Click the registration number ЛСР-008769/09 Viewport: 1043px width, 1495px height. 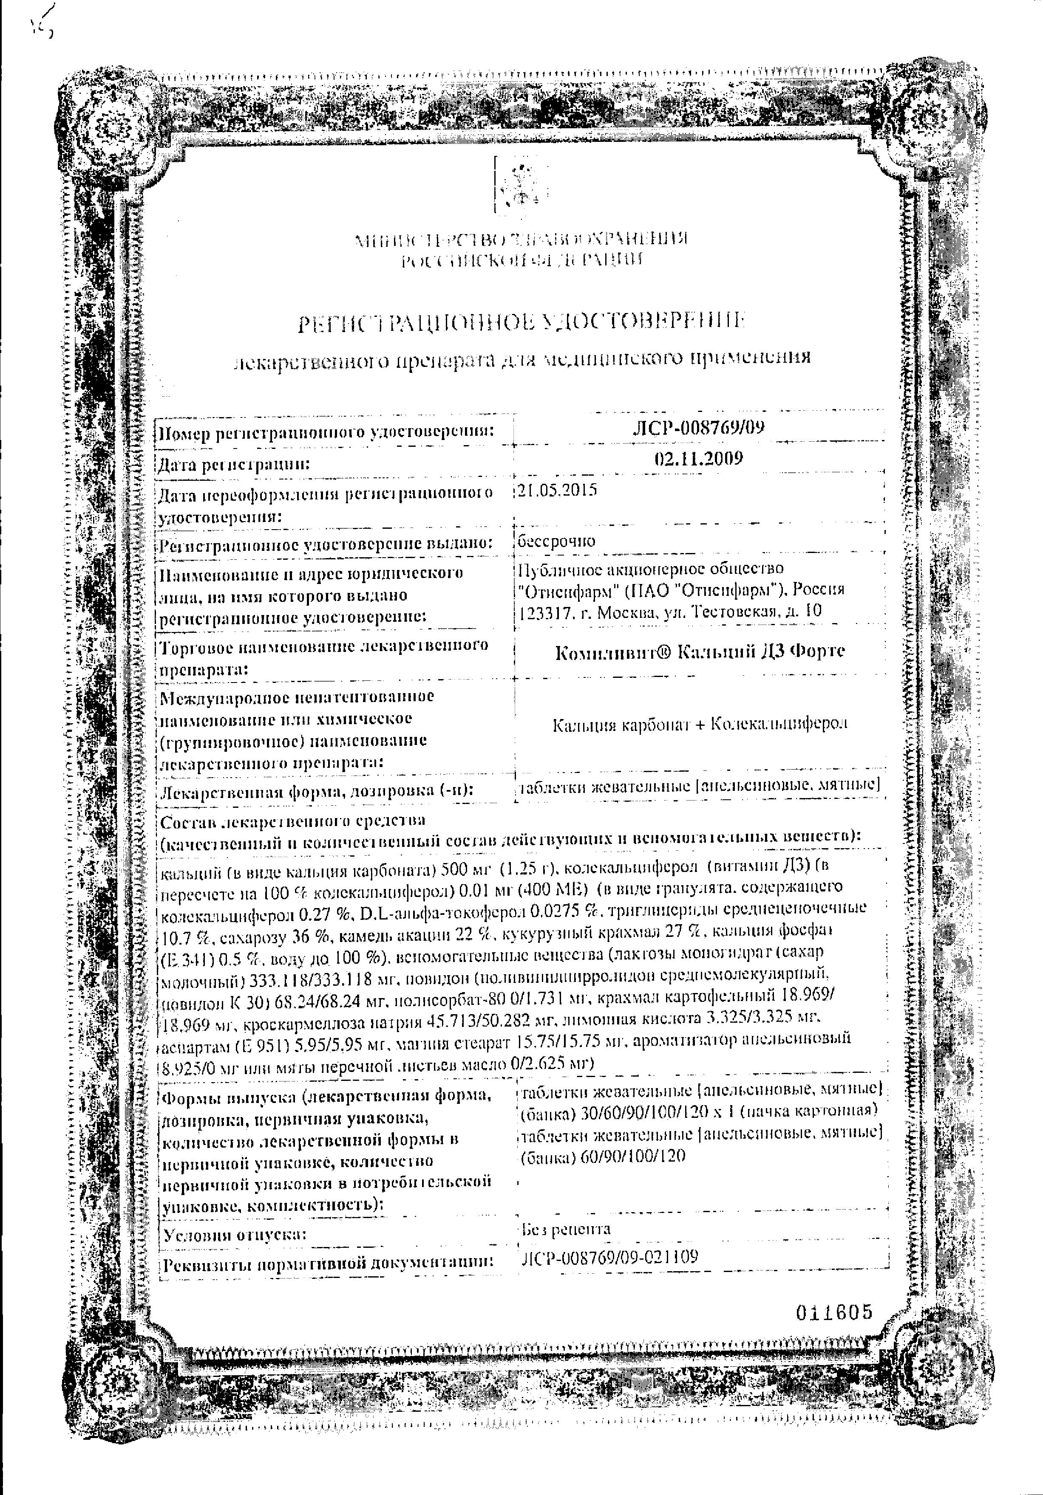coord(698,427)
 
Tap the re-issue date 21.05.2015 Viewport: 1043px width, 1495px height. coord(558,490)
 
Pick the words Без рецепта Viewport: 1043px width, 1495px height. coord(565,1229)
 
